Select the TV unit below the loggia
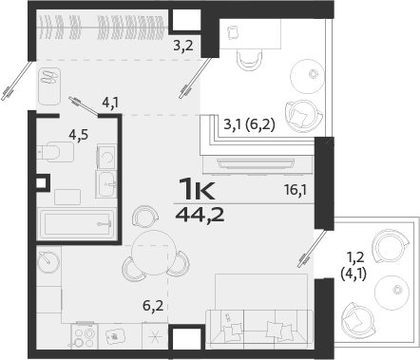coord(257,161)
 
